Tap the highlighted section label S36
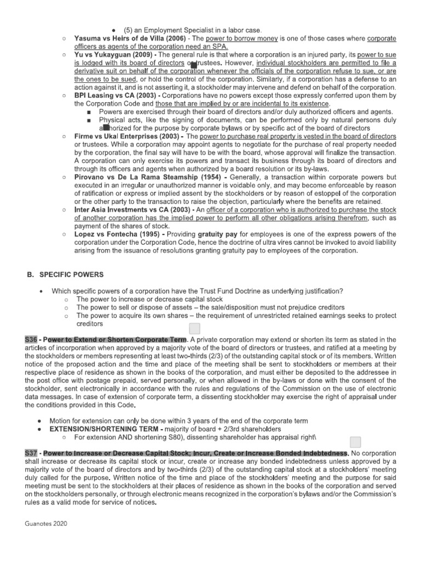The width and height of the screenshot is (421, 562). tap(32, 339)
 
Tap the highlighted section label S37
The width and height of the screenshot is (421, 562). tap(32, 453)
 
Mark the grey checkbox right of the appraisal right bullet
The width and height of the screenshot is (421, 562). tap(355, 442)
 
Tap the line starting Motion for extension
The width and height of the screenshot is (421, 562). tap(179, 420)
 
